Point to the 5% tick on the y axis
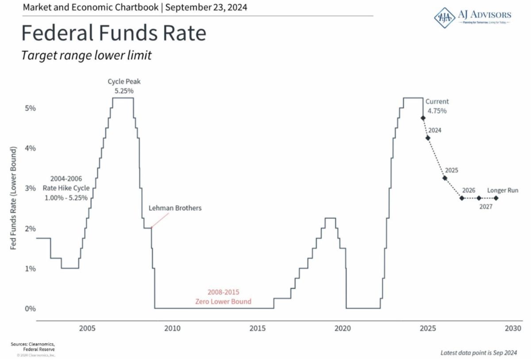click(30, 108)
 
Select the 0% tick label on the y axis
click(30, 309)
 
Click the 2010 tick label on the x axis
click(172, 329)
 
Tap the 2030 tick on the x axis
click(513, 329)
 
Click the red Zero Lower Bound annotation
click(223, 297)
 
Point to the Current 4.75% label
click(437, 106)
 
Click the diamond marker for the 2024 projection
click(428, 138)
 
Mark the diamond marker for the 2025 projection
click(445, 178)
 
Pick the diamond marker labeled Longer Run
click(496, 198)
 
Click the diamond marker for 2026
click(462, 198)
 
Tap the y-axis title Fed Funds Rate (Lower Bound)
click(14, 198)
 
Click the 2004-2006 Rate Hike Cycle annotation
click(66, 188)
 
